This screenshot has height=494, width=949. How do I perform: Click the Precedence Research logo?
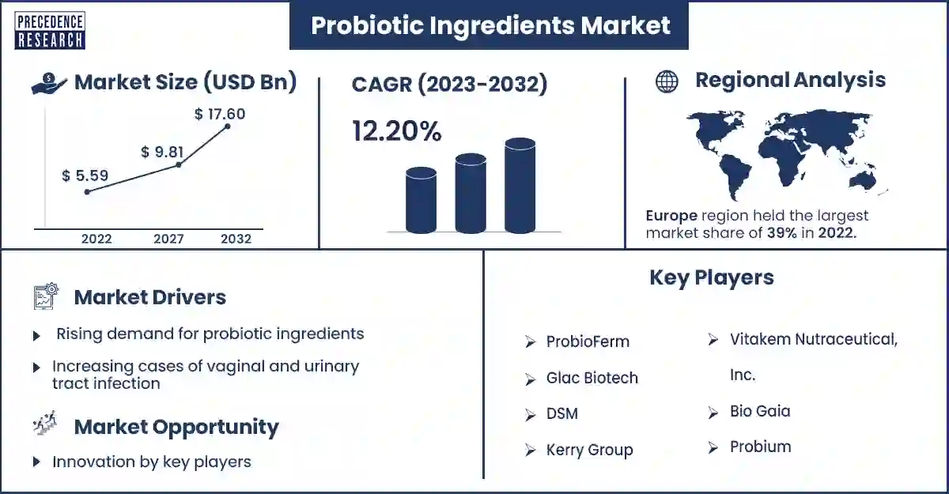tap(50, 30)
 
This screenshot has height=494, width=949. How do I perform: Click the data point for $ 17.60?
tap(228, 126)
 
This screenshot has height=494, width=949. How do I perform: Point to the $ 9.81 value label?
tap(162, 152)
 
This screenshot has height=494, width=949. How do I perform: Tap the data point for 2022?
tap(87, 192)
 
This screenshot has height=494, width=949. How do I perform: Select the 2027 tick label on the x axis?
tap(168, 239)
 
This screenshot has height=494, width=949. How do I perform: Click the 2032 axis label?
tap(236, 239)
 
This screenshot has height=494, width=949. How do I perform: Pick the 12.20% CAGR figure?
tap(396, 130)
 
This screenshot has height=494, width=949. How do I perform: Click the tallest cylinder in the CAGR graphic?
tap(520, 186)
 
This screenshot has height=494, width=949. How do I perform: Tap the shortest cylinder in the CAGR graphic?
tap(421, 200)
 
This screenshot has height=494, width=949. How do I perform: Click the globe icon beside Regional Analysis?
tap(667, 81)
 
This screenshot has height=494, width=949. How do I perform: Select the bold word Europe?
tap(671, 216)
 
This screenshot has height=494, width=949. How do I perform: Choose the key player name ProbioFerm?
tap(588, 341)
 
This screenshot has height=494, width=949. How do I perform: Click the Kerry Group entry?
tap(589, 450)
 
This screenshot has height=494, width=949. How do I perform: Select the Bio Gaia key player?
tap(760, 411)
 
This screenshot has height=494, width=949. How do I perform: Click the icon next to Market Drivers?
tap(46, 296)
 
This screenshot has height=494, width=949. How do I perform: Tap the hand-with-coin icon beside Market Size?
tap(49, 83)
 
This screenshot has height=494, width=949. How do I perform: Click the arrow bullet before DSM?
tap(530, 415)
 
